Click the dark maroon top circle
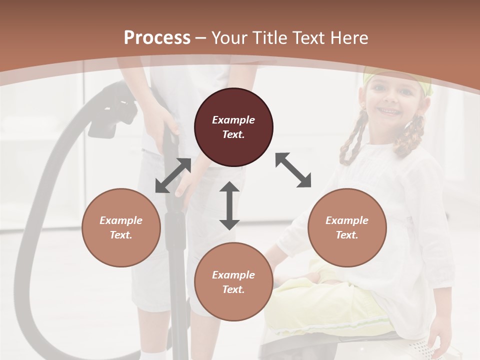click(x=233, y=127)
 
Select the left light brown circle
click(x=121, y=227)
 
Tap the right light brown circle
click(x=347, y=227)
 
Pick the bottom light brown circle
click(x=233, y=282)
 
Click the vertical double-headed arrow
click(x=229, y=205)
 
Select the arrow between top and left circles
click(x=173, y=175)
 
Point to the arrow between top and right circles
click(x=293, y=170)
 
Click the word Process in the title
click(x=157, y=37)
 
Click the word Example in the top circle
click(x=233, y=120)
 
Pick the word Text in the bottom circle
click(x=233, y=289)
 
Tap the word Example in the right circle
click(x=347, y=220)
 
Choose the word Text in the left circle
click(x=121, y=235)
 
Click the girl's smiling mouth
click(x=388, y=110)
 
